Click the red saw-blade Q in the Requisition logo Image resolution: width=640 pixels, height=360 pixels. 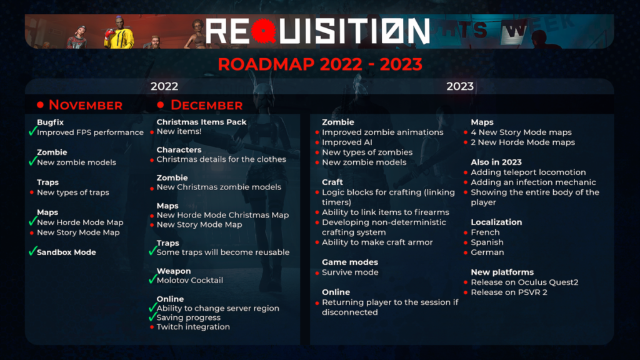pos(263,31)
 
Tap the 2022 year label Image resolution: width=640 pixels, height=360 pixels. pos(164,86)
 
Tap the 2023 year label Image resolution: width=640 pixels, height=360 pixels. pos(459,86)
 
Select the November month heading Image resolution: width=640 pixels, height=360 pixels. pos(85,105)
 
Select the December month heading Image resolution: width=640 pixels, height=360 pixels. pos(206,105)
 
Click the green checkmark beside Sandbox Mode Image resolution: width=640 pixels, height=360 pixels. pos(32,251)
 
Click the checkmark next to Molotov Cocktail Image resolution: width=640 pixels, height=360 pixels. pos(152,279)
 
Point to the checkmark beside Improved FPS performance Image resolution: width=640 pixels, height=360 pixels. pos(32,131)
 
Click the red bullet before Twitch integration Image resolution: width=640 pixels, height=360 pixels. pos(152,327)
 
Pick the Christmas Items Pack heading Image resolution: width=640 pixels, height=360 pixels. pos(201,122)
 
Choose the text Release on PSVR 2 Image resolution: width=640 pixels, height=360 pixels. pos(509,292)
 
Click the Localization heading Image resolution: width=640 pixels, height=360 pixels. pos(496,222)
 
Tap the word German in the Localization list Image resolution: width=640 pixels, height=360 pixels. pos(487,252)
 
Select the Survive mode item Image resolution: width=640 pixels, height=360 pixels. pos(350,272)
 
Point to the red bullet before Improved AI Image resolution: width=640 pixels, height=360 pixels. pos(317,142)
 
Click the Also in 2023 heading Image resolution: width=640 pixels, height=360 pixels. pos(496,162)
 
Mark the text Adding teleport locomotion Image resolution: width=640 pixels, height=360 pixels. pos(528,172)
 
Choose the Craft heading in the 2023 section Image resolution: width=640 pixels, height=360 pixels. pos(332,182)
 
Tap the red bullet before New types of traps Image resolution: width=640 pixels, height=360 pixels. pos(32,192)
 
